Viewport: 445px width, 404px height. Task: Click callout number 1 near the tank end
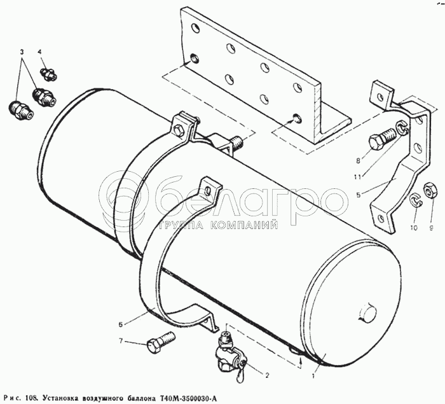click(313, 377)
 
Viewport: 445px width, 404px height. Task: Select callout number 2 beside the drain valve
click(266, 375)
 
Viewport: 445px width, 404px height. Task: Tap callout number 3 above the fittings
click(22, 52)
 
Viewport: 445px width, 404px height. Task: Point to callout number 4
click(39, 52)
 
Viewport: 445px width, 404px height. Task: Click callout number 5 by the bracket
click(359, 195)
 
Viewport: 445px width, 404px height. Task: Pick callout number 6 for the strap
click(121, 324)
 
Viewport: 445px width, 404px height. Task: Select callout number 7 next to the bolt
click(121, 341)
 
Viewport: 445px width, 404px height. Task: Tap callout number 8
click(358, 161)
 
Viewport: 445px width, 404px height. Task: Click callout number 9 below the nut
click(431, 228)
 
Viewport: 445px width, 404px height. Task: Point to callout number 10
click(414, 228)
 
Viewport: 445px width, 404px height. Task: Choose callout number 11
click(357, 177)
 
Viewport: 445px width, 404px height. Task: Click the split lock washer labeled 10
click(416, 200)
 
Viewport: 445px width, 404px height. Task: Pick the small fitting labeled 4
click(48, 73)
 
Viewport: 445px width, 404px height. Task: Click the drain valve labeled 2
click(229, 354)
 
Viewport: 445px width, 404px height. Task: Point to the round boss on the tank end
click(368, 313)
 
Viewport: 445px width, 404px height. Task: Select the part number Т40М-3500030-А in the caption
click(189, 397)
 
